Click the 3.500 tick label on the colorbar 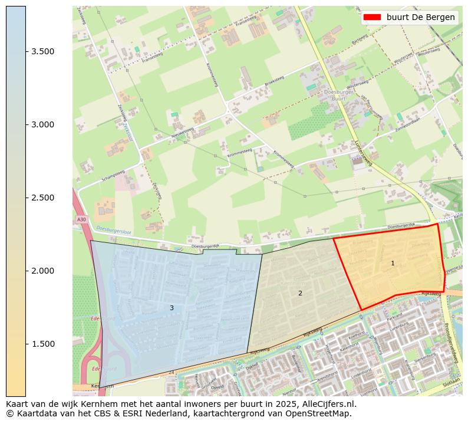click(42, 51)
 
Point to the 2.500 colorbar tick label click(42, 198)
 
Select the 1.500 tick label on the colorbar click(42, 344)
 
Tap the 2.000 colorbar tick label click(42, 271)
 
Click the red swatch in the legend click(373, 17)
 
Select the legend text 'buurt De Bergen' click(420, 17)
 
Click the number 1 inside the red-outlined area click(393, 263)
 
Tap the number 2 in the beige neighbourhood click(300, 293)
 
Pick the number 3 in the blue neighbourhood click(172, 308)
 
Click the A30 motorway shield click(81, 219)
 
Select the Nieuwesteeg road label click(182, 132)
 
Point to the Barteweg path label click(359, 43)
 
